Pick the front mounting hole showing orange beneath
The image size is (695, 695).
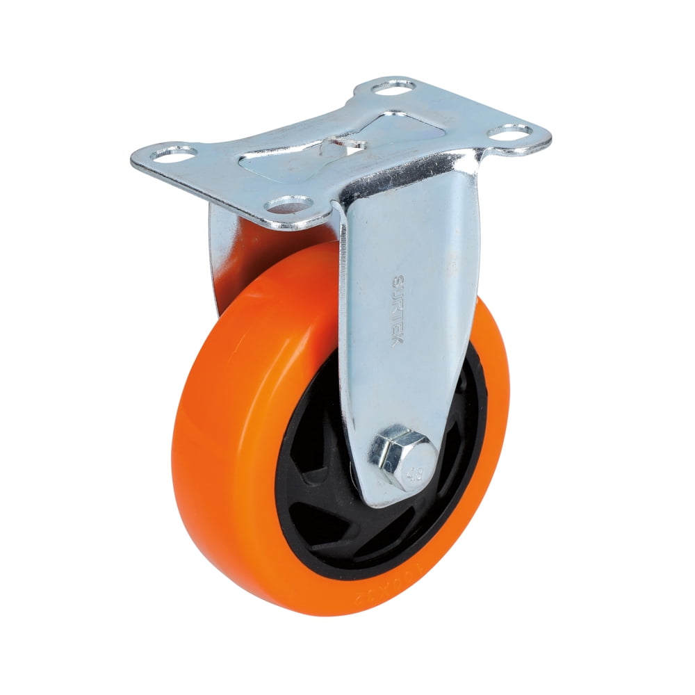point(288,204)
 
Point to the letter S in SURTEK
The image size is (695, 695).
point(397,282)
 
